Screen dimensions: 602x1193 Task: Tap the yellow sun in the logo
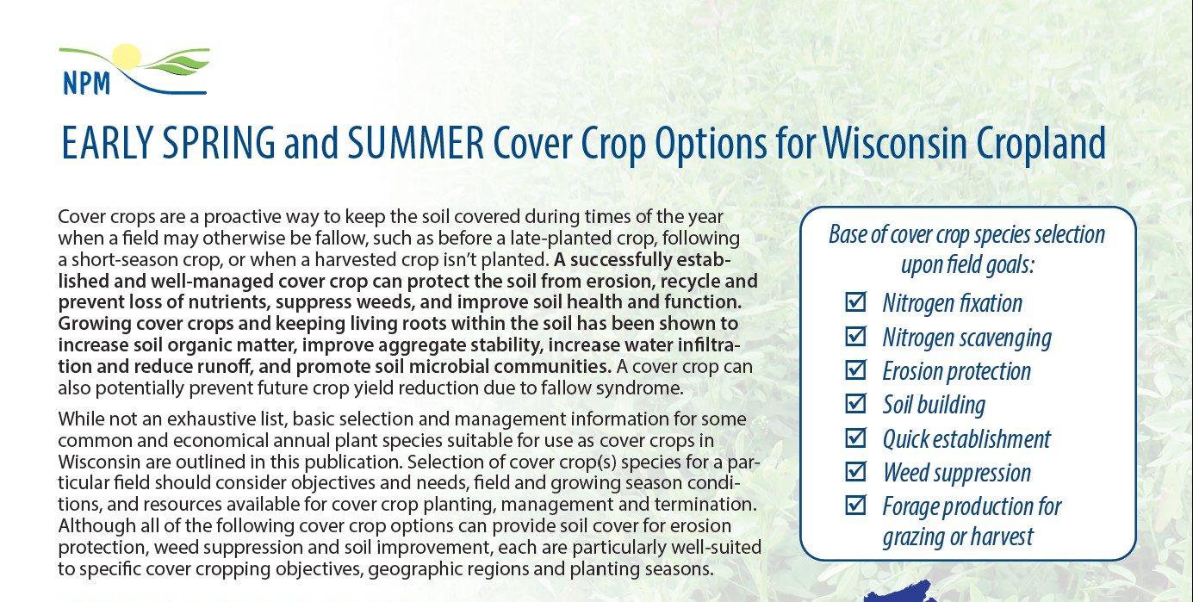(x=126, y=57)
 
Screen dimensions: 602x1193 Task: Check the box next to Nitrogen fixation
(x=855, y=302)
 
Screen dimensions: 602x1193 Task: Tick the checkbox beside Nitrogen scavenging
(x=855, y=336)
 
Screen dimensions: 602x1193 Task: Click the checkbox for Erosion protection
(x=855, y=369)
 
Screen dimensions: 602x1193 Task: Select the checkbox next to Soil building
(x=855, y=403)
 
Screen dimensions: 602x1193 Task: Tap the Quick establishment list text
(x=966, y=438)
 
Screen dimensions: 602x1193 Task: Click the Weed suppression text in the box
(x=956, y=472)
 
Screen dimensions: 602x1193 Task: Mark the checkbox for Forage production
(x=855, y=505)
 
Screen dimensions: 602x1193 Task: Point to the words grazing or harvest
(x=957, y=537)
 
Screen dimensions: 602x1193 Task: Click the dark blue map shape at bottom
(x=896, y=595)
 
